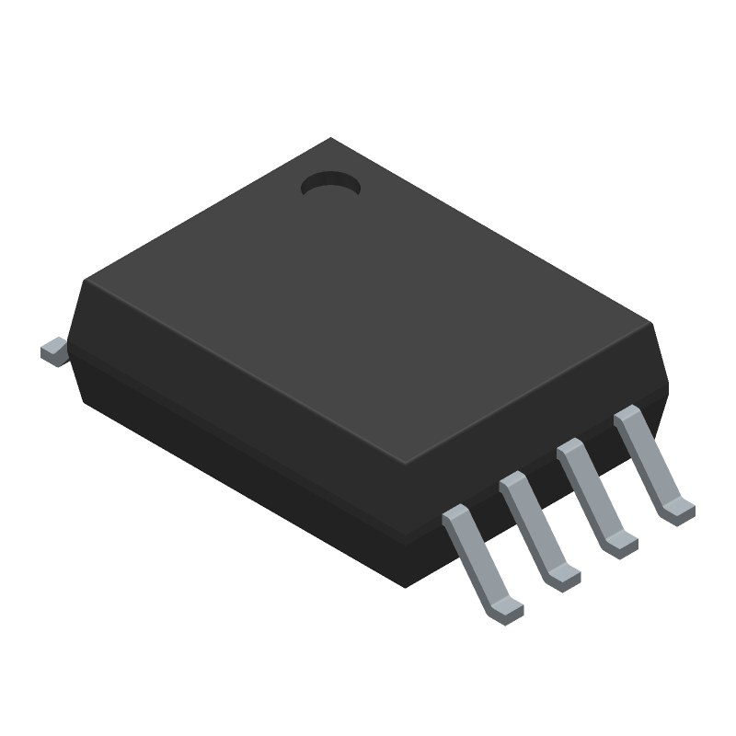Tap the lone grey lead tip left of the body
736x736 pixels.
[53, 351]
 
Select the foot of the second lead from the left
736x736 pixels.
[563, 577]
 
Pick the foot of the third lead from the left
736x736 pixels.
[621, 545]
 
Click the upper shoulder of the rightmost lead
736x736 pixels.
[628, 416]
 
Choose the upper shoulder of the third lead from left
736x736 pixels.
[571, 450]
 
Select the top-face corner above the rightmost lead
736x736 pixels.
[650, 324]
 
